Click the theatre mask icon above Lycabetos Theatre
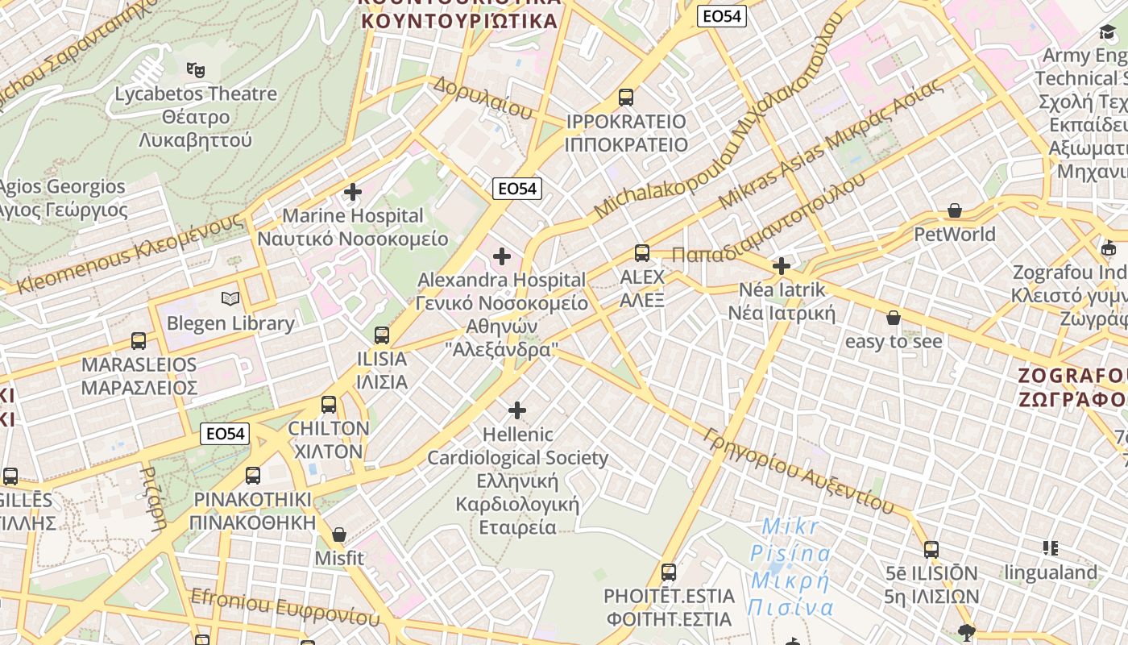194,70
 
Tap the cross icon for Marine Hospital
352,192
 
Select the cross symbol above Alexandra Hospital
502,256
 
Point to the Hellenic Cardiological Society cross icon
517,410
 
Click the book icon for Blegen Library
230,299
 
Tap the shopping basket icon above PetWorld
955,210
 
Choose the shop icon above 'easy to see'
893,318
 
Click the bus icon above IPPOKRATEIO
626,98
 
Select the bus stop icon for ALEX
642,253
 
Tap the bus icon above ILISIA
382,335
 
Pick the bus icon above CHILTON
329,405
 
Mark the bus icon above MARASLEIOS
139,341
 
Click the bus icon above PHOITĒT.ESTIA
669,572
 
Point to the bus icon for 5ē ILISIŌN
931,550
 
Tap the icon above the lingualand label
1051,549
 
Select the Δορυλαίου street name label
482,98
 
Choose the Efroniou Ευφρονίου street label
284,606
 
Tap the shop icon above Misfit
339,535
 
